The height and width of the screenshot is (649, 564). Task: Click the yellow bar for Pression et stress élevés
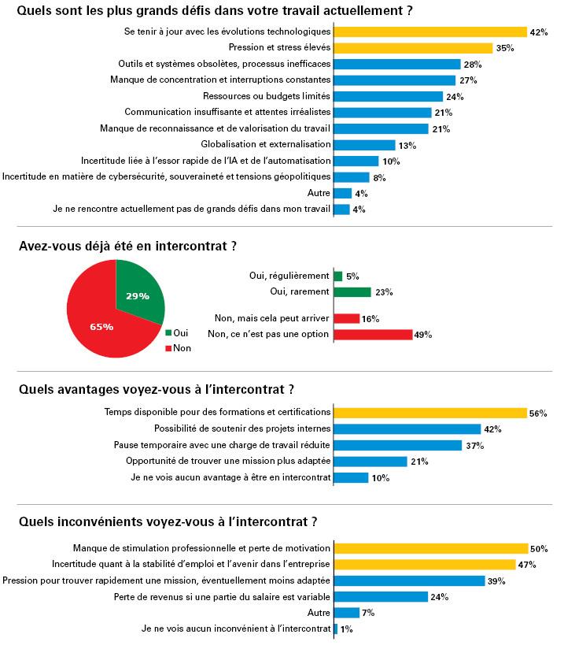pyautogui.click(x=413, y=48)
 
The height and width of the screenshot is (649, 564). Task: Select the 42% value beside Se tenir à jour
pyautogui.click(x=539, y=32)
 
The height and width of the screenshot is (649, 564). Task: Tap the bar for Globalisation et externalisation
pyautogui.click(x=364, y=145)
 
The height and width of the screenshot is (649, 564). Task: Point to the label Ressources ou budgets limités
pyautogui.click(x=267, y=96)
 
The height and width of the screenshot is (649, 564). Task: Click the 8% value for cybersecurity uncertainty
pyautogui.click(x=379, y=178)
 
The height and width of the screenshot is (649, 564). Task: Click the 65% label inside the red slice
pyautogui.click(x=101, y=327)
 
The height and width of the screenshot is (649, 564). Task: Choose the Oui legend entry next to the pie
pyautogui.click(x=176, y=333)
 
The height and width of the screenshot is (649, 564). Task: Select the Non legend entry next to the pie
pyautogui.click(x=179, y=348)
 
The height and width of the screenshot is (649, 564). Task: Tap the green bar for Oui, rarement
pyautogui.click(x=352, y=292)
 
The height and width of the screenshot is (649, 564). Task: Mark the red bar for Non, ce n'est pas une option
pyautogui.click(x=373, y=335)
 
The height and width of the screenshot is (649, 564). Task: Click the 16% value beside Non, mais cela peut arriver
pyautogui.click(x=370, y=319)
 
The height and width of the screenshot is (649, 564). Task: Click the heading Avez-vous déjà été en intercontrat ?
pyautogui.click(x=127, y=247)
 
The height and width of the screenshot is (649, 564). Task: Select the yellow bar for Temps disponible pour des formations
pyautogui.click(x=430, y=413)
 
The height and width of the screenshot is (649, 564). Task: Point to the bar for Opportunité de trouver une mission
pyautogui.click(x=370, y=462)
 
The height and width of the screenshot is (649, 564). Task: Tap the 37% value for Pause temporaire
pyautogui.click(x=474, y=446)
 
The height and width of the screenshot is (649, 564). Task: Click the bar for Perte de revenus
pyautogui.click(x=381, y=597)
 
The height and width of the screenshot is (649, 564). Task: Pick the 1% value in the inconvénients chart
pyautogui.click(x=347, y=629)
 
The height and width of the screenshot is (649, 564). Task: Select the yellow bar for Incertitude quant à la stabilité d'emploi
pyautogui.click(x=425, y=565)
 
